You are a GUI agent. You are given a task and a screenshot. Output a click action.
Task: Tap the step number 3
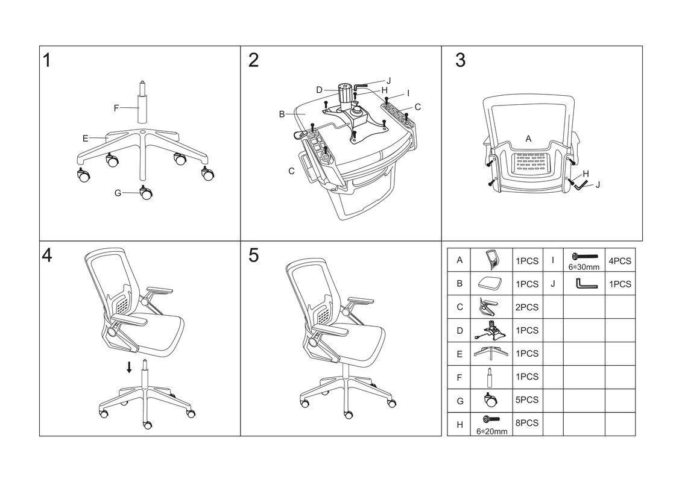pyautogui.click(x=460, y=60)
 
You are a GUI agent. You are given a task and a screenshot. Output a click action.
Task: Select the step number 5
pyautogui.click(x=253, y=255)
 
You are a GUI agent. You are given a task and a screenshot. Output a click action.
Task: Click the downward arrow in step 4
pyautogui.click(x=129, y=367)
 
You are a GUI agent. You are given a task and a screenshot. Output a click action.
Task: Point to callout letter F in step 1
pyautogui.click(x=116, y=108)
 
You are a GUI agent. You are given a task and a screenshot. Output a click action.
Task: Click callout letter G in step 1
pyautogui.click(x=118, y=193)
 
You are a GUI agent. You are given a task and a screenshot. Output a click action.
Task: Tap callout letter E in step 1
pyautogui.click(x=86, y=138)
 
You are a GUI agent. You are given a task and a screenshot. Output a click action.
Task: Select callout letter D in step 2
pyautogui.click(x=319, y=90)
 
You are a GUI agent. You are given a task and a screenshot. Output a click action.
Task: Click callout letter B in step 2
pyautogui.click(x=282, y=113)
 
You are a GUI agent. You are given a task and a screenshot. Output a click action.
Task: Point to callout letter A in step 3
pyautogui.click(x=528, y=139)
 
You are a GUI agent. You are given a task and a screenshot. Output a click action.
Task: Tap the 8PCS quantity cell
pyautogui.click(x=527, y=424)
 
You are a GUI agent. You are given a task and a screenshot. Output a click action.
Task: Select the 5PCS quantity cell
pyautogui.click(x=527, y=400)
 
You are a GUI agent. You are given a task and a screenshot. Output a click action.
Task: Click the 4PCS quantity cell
pyautogui.click(x=619, y=261)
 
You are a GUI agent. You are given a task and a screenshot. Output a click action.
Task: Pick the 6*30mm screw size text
pyautogui.click(x=584, y=267)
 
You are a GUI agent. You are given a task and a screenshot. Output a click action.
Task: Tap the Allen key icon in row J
pyautogui.click(x=584, y=283)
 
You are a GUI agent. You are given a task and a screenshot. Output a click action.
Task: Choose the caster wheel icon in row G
pyautogui.click(x=489, y=399)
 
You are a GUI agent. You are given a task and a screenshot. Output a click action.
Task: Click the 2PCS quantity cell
pyautogui.click(x=527, y=307)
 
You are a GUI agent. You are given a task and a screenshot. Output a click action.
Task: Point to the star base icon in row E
pyautogui.click(x=489, y=354)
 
